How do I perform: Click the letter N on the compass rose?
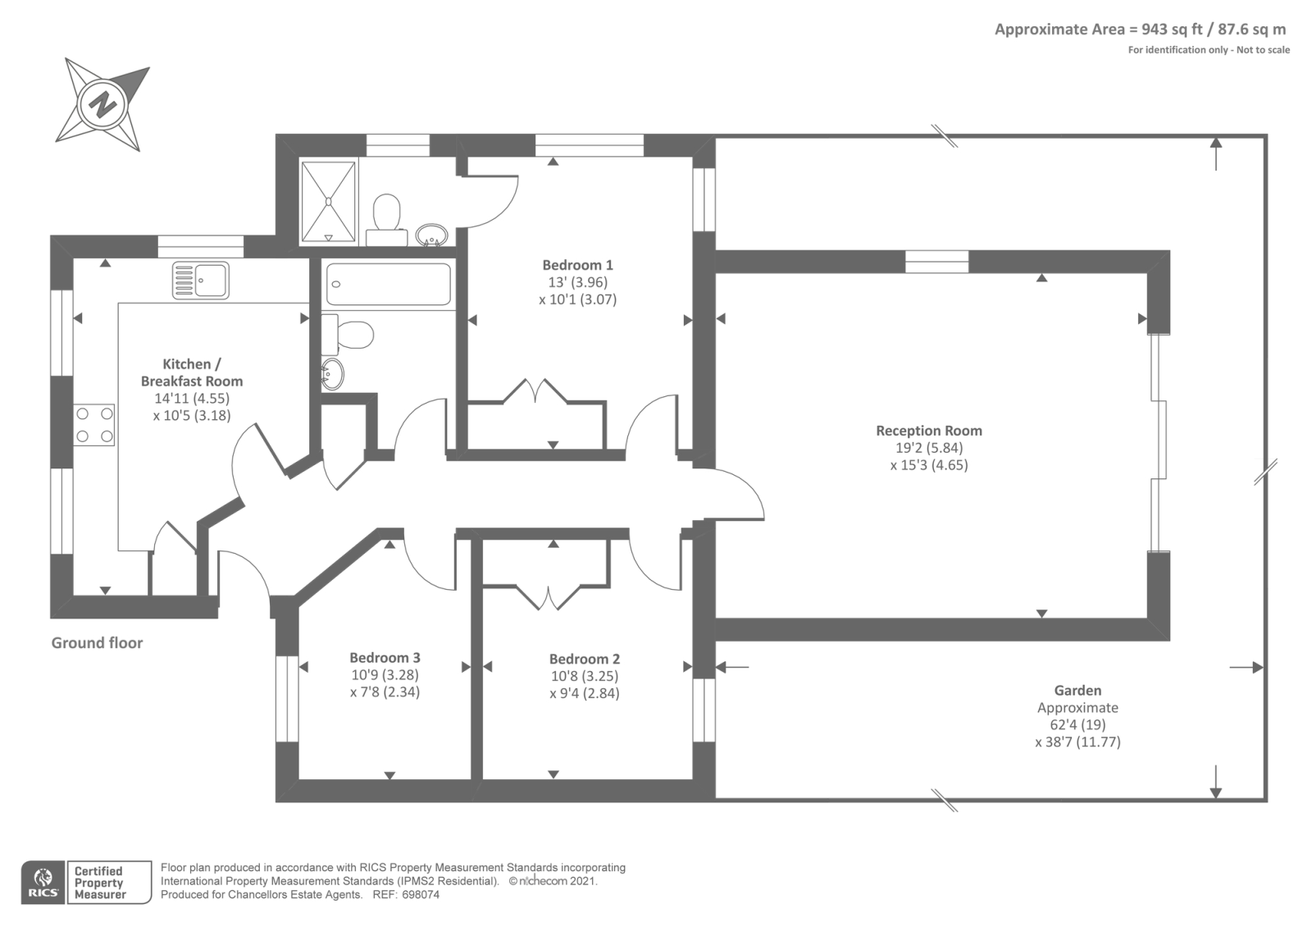102,104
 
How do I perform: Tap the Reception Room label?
929,431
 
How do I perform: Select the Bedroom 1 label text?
577,265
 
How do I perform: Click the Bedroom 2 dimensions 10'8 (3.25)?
585,676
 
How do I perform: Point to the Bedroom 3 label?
385,657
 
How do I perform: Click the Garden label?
1077,690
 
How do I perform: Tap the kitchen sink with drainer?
200,281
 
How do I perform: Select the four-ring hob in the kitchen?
93,425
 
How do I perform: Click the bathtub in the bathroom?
389,284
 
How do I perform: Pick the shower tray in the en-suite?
328,202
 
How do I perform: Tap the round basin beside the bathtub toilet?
332,374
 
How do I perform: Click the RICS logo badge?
43,882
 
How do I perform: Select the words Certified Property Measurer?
99,883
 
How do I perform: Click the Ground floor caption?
98,643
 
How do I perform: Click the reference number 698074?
421,895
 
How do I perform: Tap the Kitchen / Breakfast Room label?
192,372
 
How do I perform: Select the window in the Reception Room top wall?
937,262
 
